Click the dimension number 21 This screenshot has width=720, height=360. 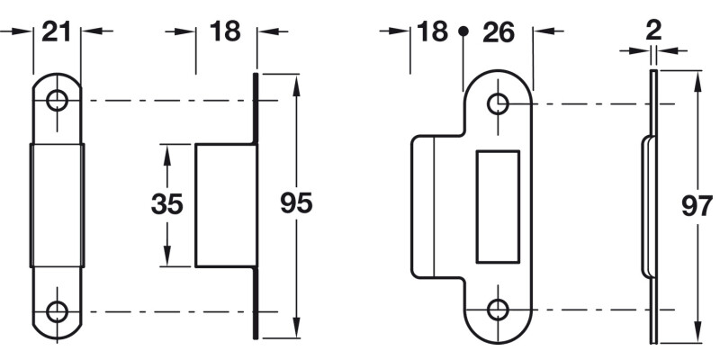point(57,31)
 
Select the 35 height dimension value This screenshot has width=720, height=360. point(166,204)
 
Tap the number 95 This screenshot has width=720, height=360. point(296,203)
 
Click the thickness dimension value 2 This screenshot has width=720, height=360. point(654,29)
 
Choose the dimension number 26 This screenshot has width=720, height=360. point(498,31)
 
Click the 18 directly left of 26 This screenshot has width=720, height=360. point(432,31)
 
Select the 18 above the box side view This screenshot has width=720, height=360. point(225,31)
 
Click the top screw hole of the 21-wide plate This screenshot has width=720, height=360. point(58,100)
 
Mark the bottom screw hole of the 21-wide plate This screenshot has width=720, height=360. point(58,312)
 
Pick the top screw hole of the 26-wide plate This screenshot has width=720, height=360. point(498,104)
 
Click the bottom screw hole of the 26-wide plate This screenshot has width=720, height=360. point(498,310)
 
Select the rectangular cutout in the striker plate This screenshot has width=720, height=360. point(498,207)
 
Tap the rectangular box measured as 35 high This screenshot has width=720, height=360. point(222,204)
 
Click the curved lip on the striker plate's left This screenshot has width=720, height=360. point(423,206)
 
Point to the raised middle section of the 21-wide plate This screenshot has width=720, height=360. point(58,205)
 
